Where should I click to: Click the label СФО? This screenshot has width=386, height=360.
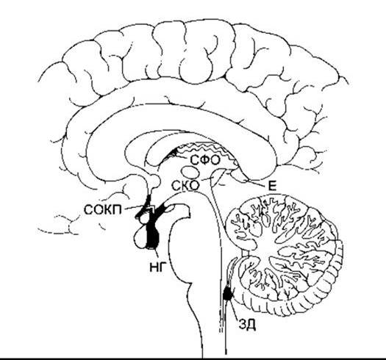(x=205, y=160)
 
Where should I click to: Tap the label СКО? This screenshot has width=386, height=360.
(x=185, y=186)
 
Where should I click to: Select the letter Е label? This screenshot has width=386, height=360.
(x=271, y=187)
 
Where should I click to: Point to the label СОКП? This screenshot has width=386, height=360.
(x=103, y=210)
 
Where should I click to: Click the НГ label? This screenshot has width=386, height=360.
(x=157, y=267)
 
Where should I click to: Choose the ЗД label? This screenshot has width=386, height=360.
(x=247, y=325)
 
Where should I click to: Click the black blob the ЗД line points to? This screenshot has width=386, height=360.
(x=227, y=294)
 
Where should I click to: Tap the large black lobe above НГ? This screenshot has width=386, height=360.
(x=153, y=234)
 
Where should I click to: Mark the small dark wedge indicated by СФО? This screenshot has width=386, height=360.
(x=174, y=153)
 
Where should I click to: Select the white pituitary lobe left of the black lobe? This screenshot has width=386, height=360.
(x=141, y=237)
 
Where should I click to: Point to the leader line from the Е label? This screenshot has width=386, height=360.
(x=257, y=183)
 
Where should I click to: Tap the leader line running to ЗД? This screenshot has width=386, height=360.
(x=234, y=309)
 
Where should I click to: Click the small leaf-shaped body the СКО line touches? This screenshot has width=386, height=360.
(x=218, y=178)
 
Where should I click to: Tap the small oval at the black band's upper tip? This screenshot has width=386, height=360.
(x=171, y=208)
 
